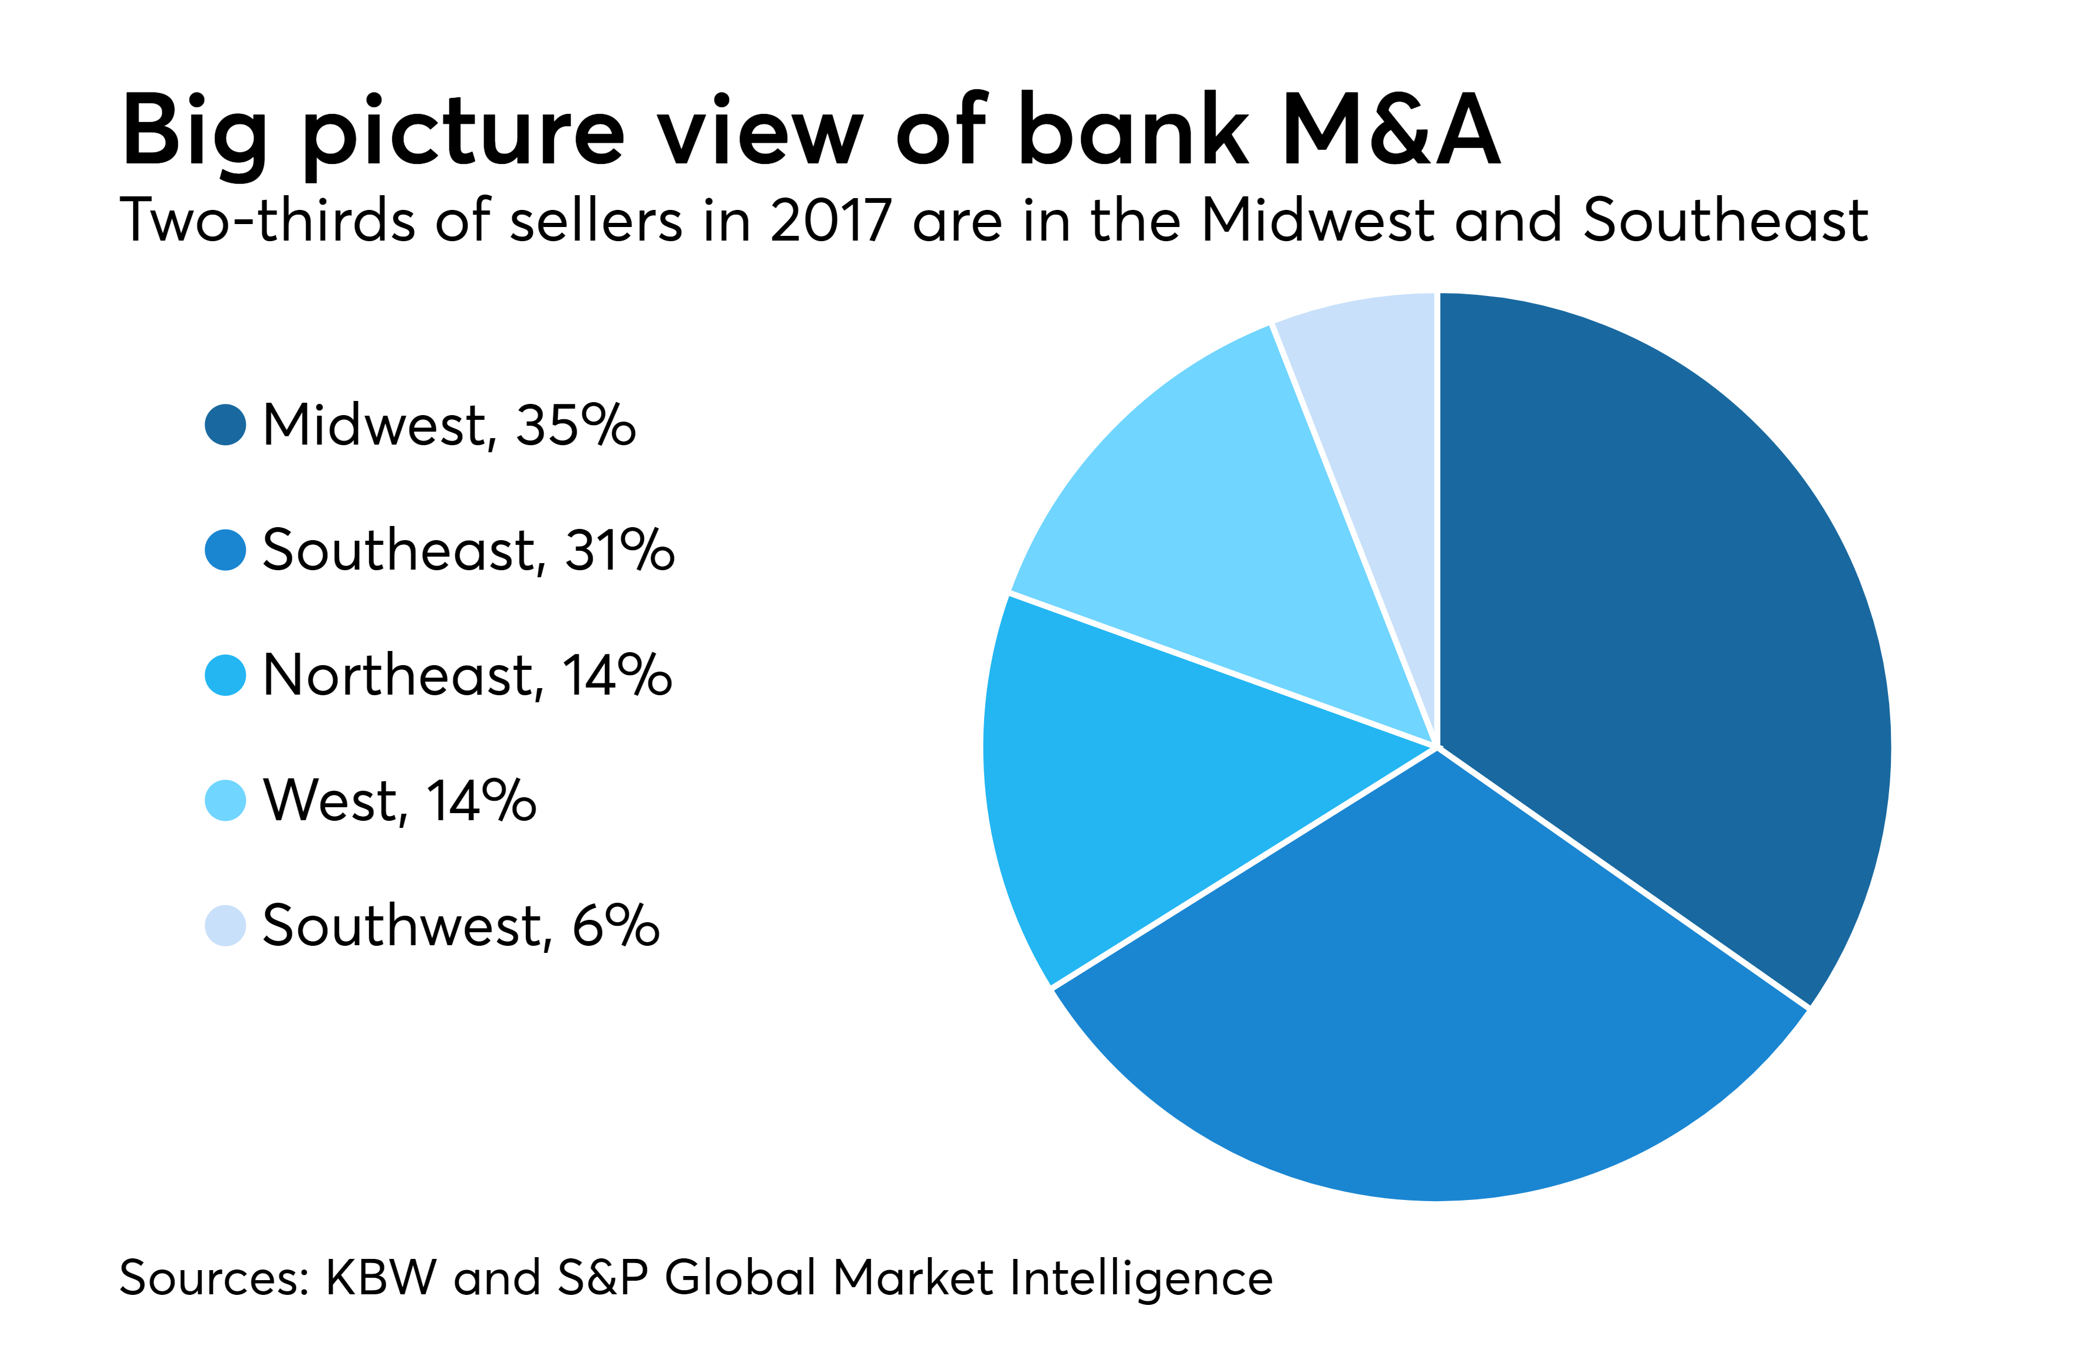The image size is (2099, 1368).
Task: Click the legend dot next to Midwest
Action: point(225,425)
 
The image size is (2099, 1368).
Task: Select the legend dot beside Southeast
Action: point(225,550)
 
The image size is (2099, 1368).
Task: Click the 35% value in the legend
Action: point(575,425)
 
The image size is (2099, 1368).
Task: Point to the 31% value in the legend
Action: point(619,550)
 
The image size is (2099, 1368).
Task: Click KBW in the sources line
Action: point(381,1278)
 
